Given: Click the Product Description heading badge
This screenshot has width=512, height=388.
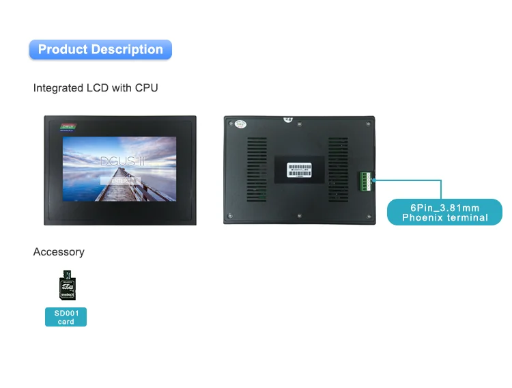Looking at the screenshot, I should click(100, 49).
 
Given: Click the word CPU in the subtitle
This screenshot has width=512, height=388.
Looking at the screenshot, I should click(147, 88).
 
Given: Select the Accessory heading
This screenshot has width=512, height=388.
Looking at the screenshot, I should click(59, 252).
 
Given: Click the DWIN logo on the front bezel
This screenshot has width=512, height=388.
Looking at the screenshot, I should click(68, 126).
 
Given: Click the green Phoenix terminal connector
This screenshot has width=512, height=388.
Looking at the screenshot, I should click(365, 180).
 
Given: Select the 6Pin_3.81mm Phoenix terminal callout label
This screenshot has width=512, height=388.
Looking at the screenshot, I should click(444, 212).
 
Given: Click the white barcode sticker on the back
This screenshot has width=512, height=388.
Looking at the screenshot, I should click(300, 168).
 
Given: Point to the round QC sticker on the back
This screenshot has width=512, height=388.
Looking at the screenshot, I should click(240, 125).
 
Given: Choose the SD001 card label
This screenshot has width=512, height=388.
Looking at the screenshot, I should click(66, 317).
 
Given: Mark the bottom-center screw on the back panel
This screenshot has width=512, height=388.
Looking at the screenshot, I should click(300, 218).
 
